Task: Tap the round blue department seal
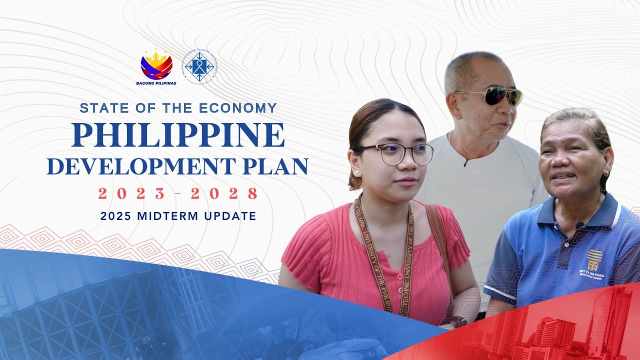(199, 66)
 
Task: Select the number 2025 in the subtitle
(115, 216)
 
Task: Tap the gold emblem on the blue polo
(594, 260)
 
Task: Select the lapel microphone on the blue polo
(579, 225)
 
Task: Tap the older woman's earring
(606, 173)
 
